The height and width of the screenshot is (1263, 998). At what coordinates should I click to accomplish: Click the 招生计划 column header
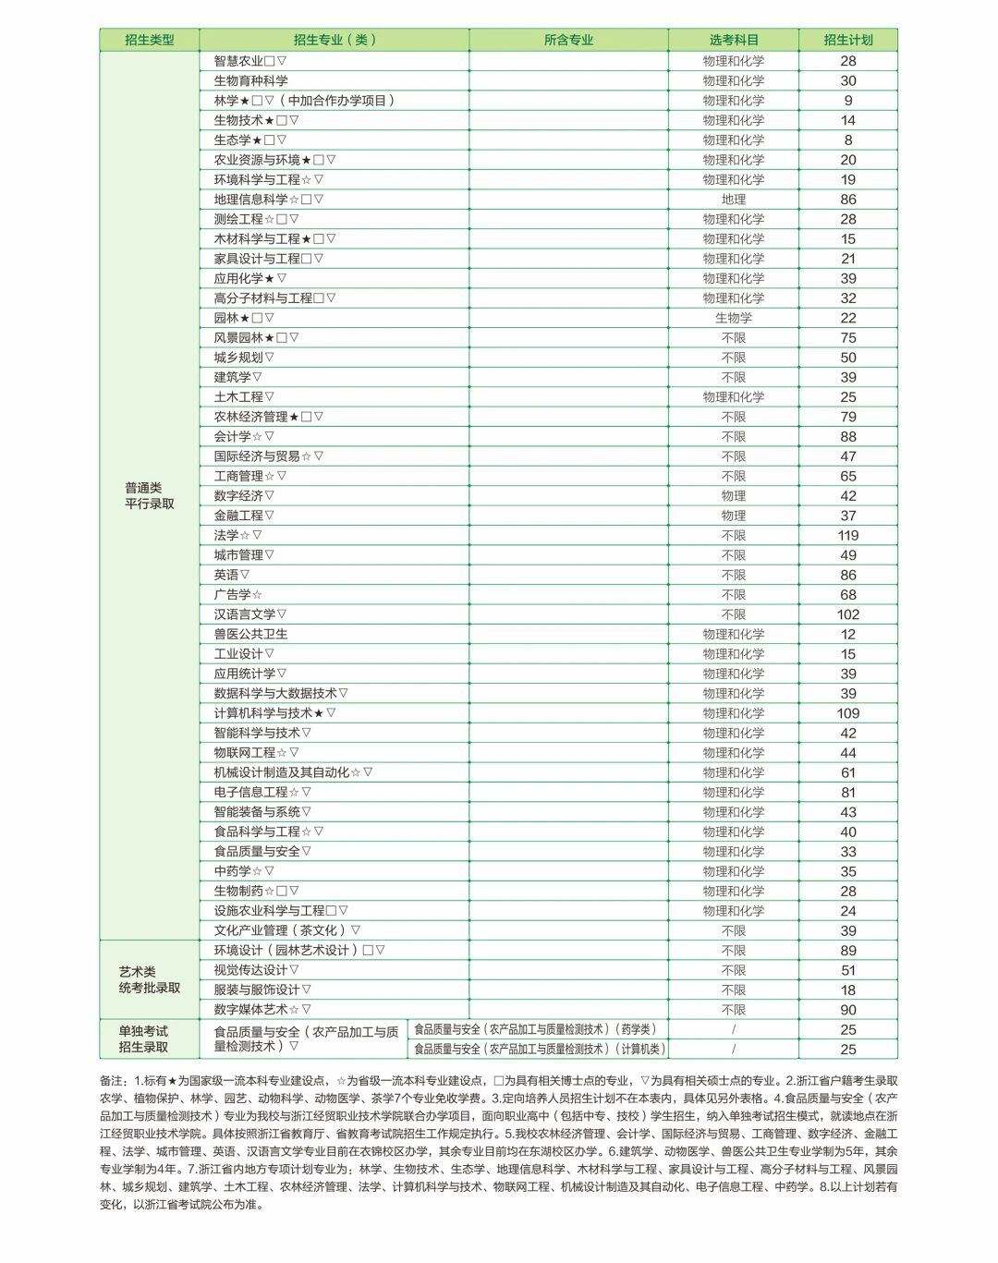click(x=847, y=40)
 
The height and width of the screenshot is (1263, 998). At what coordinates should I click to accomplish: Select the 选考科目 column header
click(x=734, y=40)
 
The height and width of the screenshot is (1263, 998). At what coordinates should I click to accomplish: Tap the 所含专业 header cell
click(x=568, y=40)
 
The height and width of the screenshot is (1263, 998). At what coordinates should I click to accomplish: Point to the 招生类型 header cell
click(x=150, y=40)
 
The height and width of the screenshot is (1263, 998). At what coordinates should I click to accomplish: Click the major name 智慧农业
click(x=238, y=61)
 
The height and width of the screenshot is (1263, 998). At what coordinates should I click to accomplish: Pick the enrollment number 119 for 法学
click(x=847, y=536)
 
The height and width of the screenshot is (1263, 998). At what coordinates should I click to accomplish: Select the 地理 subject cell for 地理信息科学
click(x=734, y=200)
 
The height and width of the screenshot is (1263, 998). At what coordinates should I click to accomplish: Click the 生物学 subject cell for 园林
click(x=734, y=318)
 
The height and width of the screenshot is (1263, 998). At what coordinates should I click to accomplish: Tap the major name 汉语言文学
click(x=244, y=614)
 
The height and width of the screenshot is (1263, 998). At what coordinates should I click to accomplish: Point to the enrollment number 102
click(x=847, y=614)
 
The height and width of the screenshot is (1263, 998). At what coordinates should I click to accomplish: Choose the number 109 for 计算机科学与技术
click(x=847, y=713)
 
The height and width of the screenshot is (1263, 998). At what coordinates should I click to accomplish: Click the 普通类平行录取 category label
click(x=150, y=496)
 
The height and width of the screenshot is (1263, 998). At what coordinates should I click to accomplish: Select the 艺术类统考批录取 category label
click(x=150, y=980)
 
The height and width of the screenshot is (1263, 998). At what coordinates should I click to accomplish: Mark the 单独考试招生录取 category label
click(x=144, y=1039)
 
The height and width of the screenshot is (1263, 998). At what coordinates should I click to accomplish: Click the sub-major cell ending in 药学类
click(x=535, y=1029)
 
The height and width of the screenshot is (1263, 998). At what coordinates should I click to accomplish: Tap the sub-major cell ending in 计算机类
click(x=539, y=1050)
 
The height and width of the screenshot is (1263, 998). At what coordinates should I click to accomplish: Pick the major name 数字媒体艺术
click(x=250, y=1010)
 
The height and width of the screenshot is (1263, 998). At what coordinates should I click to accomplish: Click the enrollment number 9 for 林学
click(x=847, y=101)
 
